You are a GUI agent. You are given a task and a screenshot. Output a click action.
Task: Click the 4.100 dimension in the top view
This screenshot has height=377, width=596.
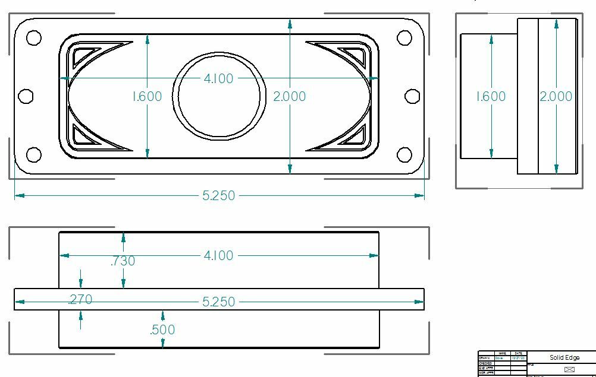coord(218,78)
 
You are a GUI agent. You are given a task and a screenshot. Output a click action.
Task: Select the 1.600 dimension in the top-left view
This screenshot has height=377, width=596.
coord(146,96)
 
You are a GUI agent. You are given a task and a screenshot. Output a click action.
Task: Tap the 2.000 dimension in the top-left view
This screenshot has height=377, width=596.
coord(289,96)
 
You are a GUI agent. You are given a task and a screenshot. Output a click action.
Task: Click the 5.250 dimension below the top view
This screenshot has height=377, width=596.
coord(218,195)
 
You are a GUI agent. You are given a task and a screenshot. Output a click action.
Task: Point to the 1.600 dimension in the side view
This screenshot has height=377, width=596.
coord(491,96)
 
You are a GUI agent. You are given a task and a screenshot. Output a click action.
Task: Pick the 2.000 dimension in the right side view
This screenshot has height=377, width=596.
coord(556,96)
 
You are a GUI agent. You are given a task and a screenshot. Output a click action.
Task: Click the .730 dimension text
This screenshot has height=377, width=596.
coord(123,261)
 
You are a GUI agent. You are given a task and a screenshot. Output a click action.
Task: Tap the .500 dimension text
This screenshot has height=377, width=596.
coord(162,330)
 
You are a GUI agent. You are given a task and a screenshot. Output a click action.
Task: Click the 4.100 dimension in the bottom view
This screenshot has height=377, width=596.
coord(218,255)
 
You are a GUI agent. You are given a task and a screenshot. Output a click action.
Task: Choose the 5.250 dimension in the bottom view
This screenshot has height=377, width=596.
coord(218,302)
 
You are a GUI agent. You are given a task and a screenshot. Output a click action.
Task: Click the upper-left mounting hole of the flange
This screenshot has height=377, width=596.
coord(34,38)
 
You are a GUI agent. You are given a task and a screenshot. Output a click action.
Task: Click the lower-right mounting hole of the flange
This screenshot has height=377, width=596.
coord(404,155)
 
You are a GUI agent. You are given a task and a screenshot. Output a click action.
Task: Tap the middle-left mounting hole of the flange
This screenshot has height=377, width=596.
coord(26,96)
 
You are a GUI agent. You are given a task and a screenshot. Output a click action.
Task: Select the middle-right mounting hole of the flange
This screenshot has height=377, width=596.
coord(412,96)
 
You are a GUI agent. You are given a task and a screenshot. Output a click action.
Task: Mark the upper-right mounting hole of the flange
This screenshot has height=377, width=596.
coord(404,38)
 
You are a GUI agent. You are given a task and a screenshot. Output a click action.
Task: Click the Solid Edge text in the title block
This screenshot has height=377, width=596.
coord(564,358)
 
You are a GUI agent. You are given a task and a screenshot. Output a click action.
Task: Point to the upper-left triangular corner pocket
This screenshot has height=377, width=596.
coord(82,55)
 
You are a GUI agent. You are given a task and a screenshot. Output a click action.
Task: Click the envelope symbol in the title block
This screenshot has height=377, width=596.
coord(569,369)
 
